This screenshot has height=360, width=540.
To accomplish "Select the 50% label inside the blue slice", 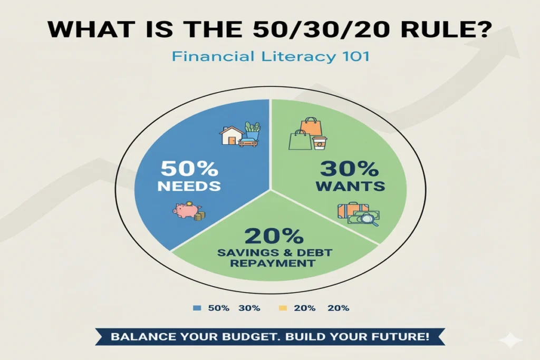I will coord(189,169).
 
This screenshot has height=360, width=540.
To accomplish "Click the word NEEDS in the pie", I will coord(189,186).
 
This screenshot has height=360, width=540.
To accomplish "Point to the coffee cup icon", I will coord(320,143).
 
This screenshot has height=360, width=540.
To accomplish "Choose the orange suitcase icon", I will coord(349,211).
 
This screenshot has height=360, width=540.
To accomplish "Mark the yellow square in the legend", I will coord(282,308).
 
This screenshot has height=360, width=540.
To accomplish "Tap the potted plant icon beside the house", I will coord(252,130).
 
